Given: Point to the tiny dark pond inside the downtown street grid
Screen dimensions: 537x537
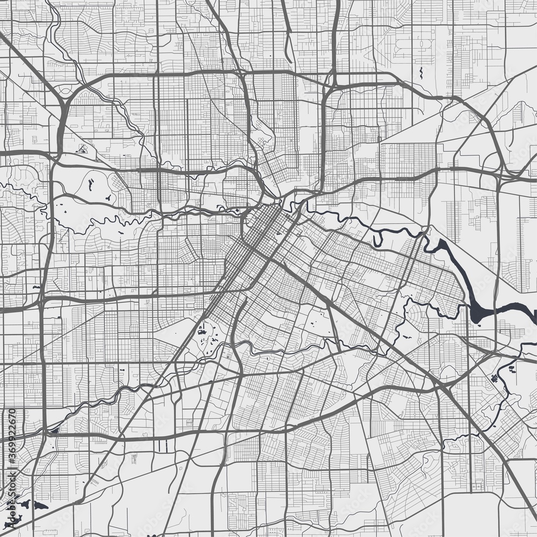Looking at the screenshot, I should point(277,235).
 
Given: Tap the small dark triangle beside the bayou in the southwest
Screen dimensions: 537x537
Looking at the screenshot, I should point(55,430).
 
